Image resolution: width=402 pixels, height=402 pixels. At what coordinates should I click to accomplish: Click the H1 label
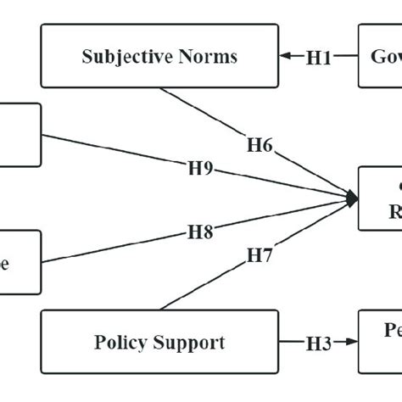click(x=319, y=57)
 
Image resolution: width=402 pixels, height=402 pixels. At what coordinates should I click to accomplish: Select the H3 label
click(x=319, y=343)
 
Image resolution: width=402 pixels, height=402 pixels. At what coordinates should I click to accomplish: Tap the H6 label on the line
click(x=260, y=145)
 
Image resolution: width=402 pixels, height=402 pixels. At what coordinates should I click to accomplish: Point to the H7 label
click(x=260, y=254)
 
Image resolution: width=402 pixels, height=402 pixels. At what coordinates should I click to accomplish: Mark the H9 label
click(x=200, y=168)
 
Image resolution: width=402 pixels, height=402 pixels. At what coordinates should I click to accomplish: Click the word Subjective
click(x=123, y=57)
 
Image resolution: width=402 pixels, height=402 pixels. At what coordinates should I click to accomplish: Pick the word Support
click(x=194, y=343)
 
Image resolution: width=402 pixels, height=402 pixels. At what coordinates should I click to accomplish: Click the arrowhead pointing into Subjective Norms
click(x=285, y=57)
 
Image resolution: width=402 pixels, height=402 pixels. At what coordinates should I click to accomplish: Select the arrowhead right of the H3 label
click(x=351, y=343)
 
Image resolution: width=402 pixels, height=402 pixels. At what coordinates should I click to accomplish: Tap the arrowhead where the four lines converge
click(x=351, y=199)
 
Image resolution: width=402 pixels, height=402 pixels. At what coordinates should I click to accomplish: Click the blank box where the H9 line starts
click(x=19, y=135)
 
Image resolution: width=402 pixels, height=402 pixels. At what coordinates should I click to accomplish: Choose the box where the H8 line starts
click(x=19, y=262)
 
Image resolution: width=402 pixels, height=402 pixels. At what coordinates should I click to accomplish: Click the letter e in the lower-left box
click(x=5, y=263)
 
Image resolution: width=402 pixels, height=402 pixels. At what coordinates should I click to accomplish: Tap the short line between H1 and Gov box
click(x=345, y=57)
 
